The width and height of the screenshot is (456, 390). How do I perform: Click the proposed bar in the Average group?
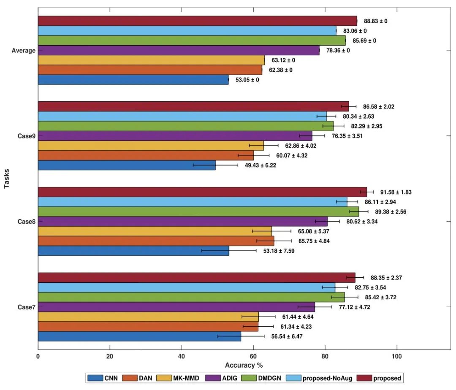coord(197,21)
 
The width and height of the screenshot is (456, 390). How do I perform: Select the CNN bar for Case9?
coord(127,165)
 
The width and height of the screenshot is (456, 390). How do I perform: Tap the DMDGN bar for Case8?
coord(198,211)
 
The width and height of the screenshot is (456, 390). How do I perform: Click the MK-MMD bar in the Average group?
coord(151,60)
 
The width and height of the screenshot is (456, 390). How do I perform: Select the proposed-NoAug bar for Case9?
coord(182,116)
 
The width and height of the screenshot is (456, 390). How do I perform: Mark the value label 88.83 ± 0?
coord(373,21)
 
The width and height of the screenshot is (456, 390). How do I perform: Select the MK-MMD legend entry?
coord(178,378)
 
